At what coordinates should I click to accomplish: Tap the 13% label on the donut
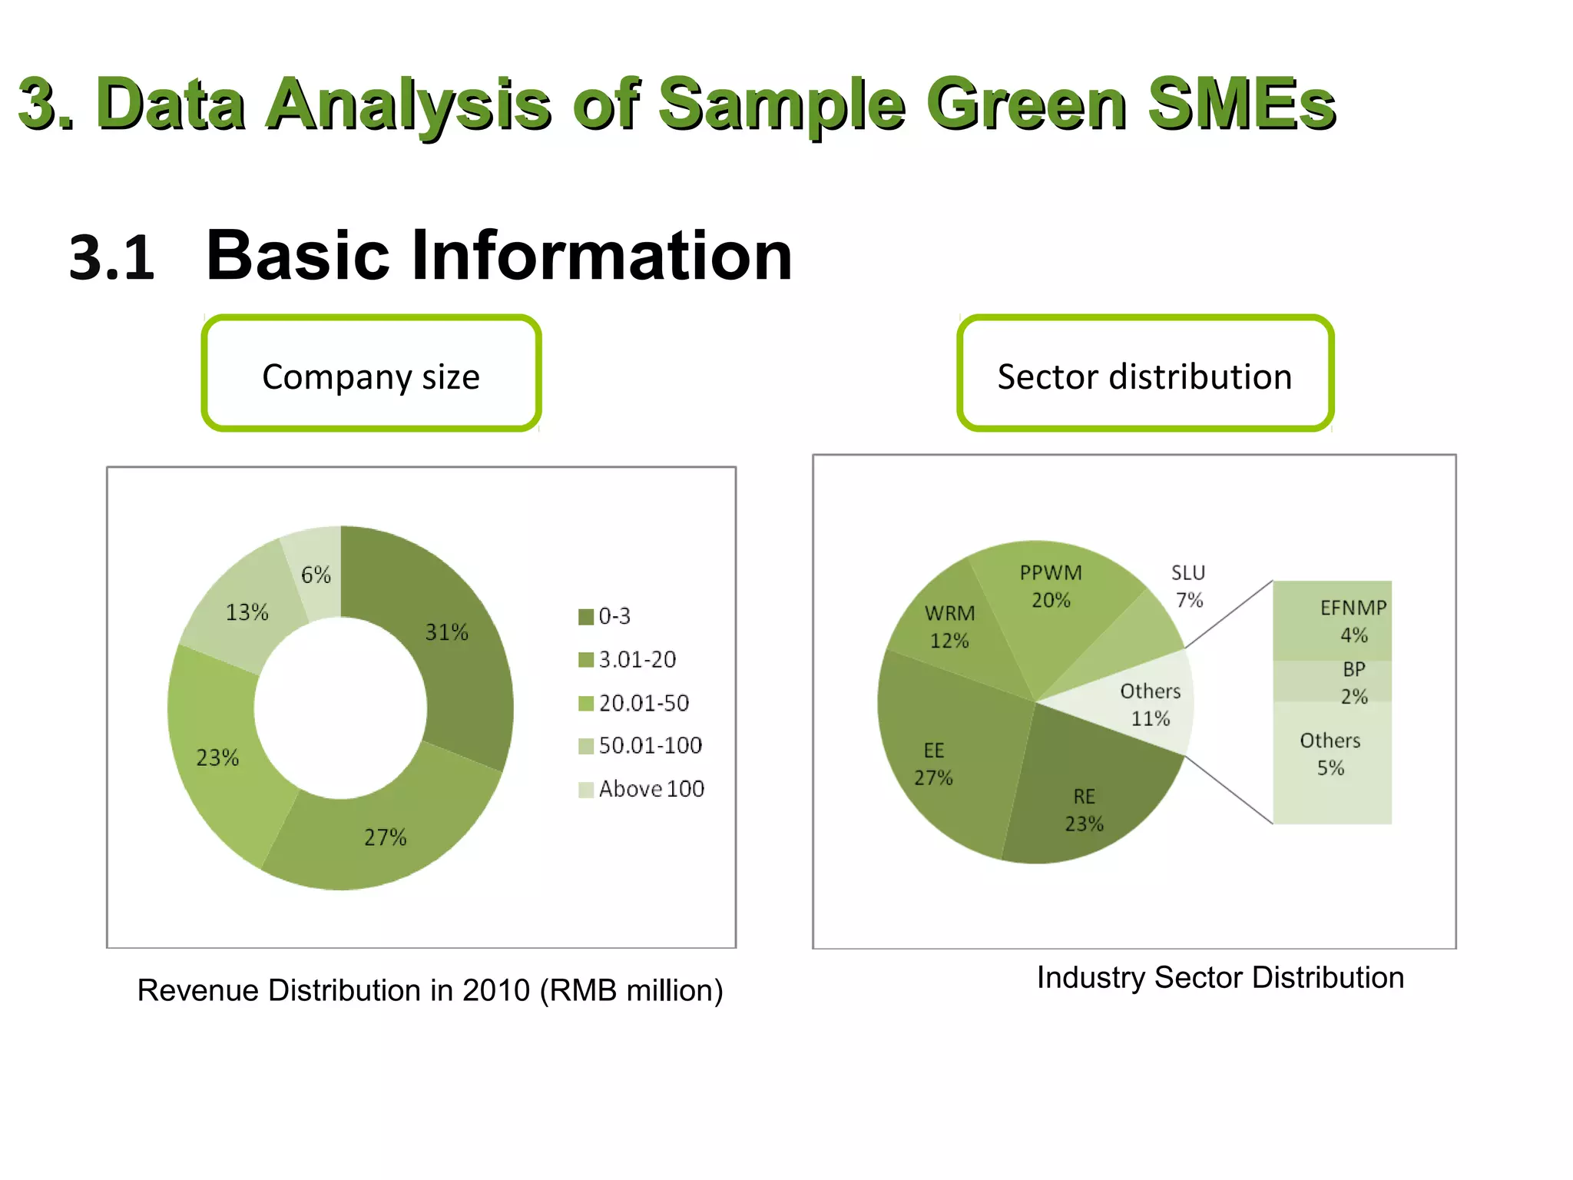[x=247, y=612]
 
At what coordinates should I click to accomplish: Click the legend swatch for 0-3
[x=586, y=617]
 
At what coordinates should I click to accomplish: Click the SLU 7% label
[x=1188, y=586]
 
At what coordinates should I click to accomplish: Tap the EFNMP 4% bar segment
[x=1332, y=621]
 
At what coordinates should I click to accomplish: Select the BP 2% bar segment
[x=1332, y=681]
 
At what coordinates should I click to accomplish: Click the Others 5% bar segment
[x=1332, y=761]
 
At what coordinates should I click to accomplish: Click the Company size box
[x=371, y=374]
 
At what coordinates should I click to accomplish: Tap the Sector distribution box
[x=1144, y=374]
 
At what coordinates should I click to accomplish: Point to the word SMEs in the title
[x=1240, y=104]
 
